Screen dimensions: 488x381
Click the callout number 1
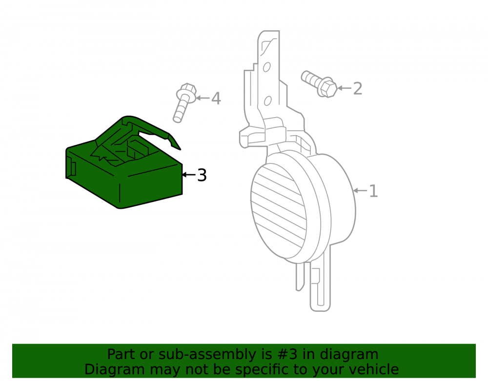point(373,191)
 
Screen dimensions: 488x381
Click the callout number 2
point(358,89)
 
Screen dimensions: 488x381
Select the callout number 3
point(202,175)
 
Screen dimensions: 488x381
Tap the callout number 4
point(216,98)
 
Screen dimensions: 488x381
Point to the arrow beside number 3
point(189,175)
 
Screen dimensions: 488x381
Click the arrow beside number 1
point(360,190)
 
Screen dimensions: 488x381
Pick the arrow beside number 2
point(345,88)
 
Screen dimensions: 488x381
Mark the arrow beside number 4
point(203,98)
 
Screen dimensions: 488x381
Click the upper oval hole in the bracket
point(267,67)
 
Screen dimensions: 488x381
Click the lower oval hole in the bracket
point(267,101)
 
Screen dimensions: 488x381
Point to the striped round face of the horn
point(279,211)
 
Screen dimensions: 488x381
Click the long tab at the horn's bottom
point(320,286)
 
